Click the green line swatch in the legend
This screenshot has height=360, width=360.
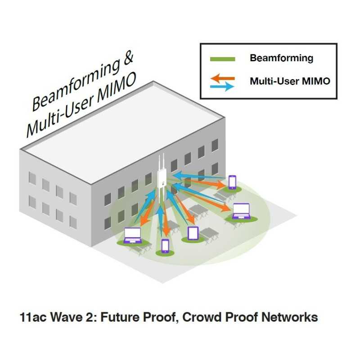(x=223, y=59)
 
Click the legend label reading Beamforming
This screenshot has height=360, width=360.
(x=281, y=58)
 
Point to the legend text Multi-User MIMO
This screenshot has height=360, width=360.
(x=290, y=81)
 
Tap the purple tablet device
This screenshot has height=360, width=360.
(x=193, y=233)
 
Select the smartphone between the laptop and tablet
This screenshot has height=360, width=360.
(x=165, y=246)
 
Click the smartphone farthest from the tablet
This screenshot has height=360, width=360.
(x=232, y=182)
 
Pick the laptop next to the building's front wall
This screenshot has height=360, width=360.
(x=132, y=235)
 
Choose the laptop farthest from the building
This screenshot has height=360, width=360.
(x=241, y=211)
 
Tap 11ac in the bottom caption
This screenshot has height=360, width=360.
(x=32, y=317)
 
